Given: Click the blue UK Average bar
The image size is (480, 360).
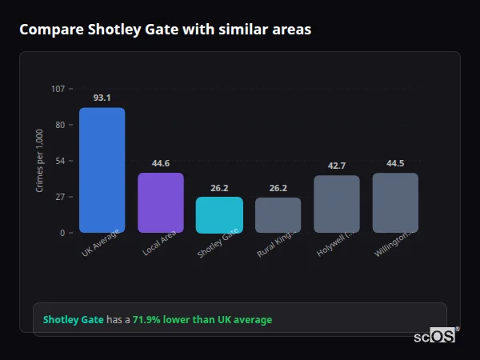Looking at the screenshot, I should click(x=102, y=170).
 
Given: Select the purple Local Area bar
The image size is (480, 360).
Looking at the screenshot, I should click(x=161, y=203).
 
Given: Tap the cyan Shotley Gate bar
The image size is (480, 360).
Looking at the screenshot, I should click(x=219, y=215).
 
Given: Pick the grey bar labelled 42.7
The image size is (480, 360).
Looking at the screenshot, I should click(x=337, y=204).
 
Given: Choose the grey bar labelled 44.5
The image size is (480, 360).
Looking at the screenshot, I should click(x=395, y=203).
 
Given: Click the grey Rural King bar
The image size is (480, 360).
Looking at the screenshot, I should click(x=278, y=215).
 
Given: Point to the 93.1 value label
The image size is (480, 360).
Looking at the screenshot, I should click(x=102, y=98).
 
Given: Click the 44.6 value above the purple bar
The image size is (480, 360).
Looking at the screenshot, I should click(x=161, y=163).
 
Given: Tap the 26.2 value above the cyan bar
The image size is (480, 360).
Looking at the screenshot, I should click(x=219, y=188).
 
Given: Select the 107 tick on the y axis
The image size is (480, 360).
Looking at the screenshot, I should click(x=58, y=89).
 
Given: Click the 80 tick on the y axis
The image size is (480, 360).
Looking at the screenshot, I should click(x=60, y=125).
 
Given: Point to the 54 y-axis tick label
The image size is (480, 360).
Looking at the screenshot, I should click(x=60, y=161).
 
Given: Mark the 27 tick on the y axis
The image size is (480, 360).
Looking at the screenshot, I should click(x=60, y=197).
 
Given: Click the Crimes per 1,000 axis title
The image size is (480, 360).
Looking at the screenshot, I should click(x=40, y=161).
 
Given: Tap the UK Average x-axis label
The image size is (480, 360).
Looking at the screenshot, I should click(x=101, y=244).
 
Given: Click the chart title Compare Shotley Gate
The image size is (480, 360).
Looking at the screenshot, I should click(x=165, y=30).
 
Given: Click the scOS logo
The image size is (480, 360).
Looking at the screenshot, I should click(x=434, y=336).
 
